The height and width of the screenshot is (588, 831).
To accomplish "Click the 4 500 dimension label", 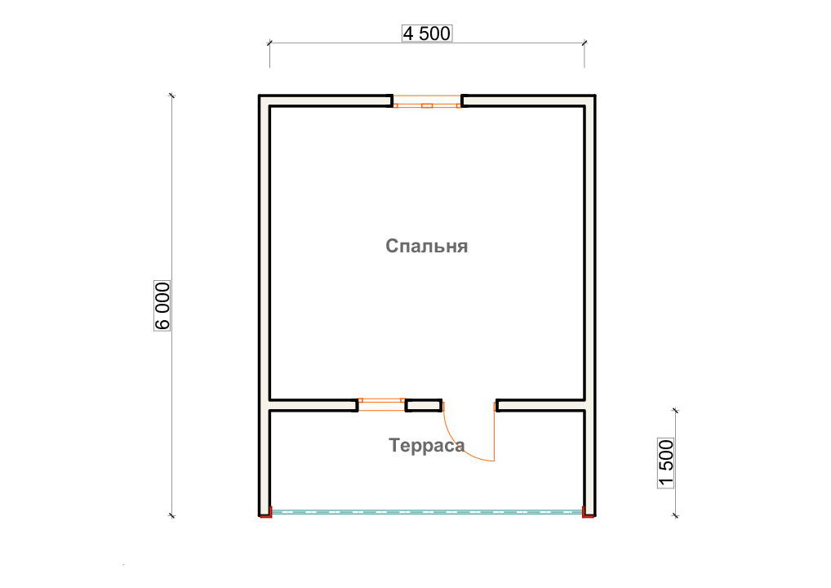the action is pos(427,33).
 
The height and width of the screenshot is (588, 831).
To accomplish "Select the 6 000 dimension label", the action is pos(162,305).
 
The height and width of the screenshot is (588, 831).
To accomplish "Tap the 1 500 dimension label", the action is pos(665,463).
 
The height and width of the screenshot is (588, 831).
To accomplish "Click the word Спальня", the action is pos(427,246).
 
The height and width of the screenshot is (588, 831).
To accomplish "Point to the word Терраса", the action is pos(427,445).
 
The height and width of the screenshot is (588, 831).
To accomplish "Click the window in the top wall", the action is pos(427,101).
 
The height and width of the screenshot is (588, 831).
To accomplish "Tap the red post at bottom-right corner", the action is pos(587,512).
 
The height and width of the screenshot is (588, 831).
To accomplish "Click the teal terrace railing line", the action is pos(427,512).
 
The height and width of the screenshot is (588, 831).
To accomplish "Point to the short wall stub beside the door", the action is pos(424,406).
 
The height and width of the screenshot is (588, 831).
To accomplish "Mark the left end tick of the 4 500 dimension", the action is pos(269,43).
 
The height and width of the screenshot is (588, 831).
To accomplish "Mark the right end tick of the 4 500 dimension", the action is pos(584,43).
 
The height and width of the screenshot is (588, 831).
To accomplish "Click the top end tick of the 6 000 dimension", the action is pos(171,96).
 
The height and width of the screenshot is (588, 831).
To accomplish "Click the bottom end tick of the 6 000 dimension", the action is pos(171,515).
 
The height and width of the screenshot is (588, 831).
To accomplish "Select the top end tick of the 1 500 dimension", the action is pos(675,410).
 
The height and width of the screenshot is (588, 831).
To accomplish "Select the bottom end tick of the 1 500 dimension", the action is pos(675,515).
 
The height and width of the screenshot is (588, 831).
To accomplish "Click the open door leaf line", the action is pos(495,431).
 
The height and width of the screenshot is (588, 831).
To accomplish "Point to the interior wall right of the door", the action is pos(540,406).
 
